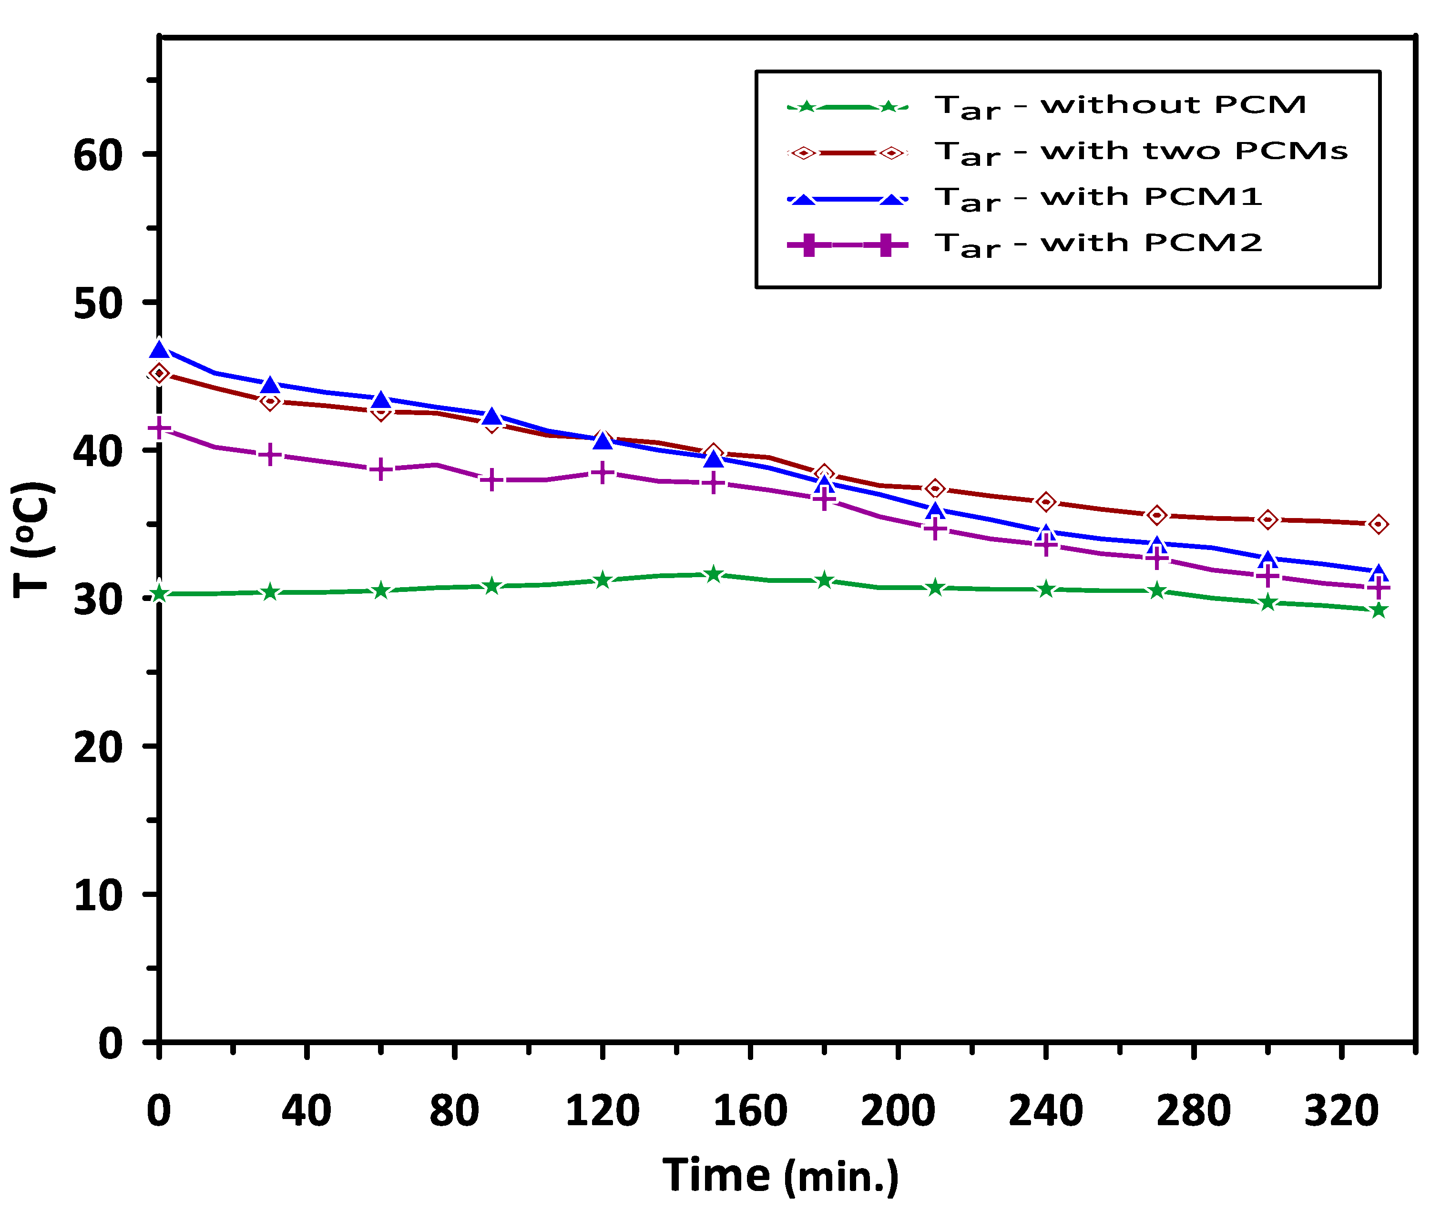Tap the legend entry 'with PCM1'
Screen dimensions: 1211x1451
pos(1099,198)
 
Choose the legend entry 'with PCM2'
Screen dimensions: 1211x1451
pos(1099,244)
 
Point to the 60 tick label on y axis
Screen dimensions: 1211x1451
pos(98,155)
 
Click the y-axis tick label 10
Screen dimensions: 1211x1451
pos(98,896)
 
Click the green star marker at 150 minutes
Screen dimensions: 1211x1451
pos(714,574)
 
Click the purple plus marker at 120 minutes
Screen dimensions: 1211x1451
pos(603,472)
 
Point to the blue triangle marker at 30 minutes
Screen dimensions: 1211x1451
pos(270,384)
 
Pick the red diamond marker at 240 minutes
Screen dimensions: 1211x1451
pos(1046,501)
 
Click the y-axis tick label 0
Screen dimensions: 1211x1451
pos(111,1043)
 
